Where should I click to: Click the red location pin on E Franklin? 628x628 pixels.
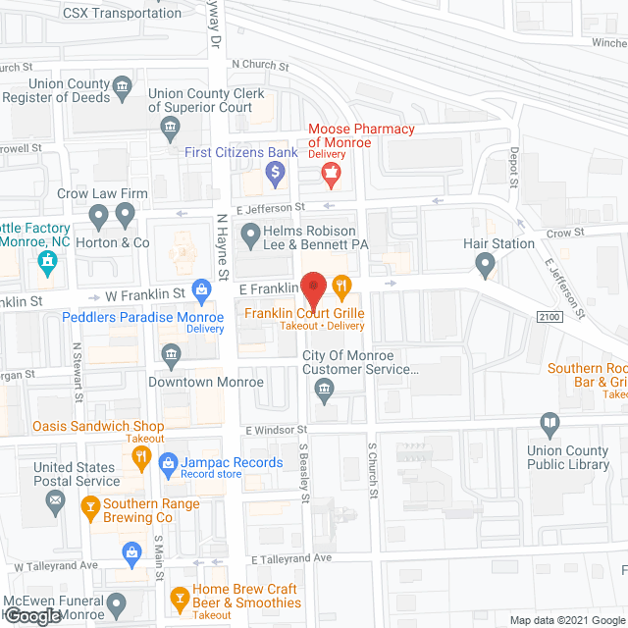pyautogui.click(x=313, y=288)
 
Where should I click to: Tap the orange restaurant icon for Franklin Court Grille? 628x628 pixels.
pyautogui.click(x=341, y=287)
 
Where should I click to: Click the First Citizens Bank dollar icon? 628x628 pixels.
pyautogui.click(x=276, y=176)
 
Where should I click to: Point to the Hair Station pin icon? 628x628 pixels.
pyautogui.click(x=485, y=262)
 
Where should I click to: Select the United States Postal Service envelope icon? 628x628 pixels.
pyautogui.click(x=56, y=502)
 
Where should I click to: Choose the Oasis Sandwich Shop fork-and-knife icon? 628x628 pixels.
pyautogui.click(x=141, y=456)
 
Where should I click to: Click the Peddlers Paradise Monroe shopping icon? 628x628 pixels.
pyautogui.click(x=202, y=288)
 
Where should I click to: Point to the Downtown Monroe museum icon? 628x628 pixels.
pyautogui.click(x=171, y=353)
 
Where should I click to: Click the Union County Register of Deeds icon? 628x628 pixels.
pyautogui.click(x=122, y=86)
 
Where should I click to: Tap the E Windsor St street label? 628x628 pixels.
pyautogui.click(x=277, y=430)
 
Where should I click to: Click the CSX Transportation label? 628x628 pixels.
pyautogui.click(x=123, y=13)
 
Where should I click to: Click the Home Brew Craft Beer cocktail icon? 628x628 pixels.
pyautogui.click(x=180, y=596)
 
